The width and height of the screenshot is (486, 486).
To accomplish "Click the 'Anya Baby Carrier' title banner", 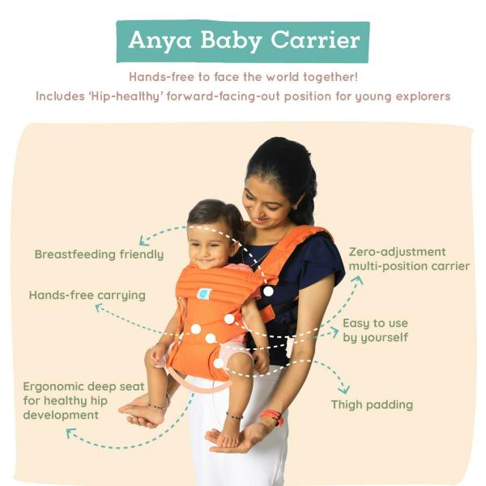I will point(243,40).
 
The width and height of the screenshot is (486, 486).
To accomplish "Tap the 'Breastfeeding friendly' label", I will point(99,254).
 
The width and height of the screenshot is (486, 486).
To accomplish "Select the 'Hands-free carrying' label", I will point(87,295).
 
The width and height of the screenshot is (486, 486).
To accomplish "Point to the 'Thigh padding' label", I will point(372,404).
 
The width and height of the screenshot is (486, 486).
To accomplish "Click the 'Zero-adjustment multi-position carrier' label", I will point(409,258).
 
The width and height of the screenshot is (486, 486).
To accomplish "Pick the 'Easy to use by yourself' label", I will point(375,330).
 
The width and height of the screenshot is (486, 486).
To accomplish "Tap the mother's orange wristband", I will point(271,418).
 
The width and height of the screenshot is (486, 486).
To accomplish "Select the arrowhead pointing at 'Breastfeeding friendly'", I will point(143,241).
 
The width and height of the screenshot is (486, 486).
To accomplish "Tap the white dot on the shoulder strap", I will point(268,290).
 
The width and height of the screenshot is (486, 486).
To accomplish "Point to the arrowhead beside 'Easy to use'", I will point(334,331).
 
